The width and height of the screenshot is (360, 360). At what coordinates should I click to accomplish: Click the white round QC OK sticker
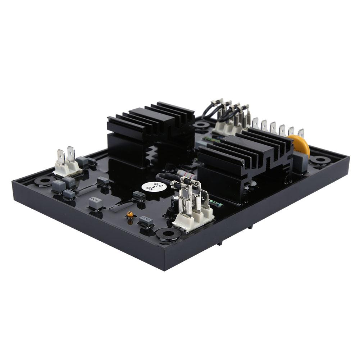point(150,187)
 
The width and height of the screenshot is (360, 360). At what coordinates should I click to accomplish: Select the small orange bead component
point(130,214)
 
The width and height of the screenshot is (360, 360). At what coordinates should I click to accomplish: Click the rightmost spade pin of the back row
point(301,133)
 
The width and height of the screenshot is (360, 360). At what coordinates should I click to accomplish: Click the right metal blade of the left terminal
point(71,154)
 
